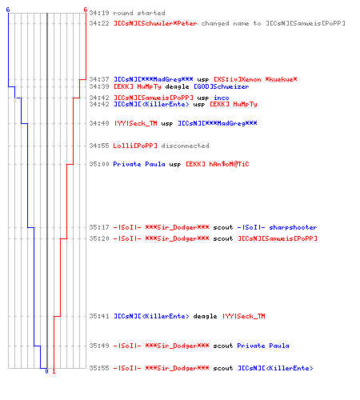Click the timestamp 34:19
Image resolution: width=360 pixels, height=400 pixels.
[99, 13]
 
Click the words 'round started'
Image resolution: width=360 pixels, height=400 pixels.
[139, 13]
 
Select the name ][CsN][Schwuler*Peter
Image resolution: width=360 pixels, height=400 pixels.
[155, 23]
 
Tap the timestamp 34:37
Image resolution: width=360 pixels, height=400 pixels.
[99, 79]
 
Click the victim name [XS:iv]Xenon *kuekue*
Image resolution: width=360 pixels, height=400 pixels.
[255, 79]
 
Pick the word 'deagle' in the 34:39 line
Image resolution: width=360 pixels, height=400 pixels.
[177, 86]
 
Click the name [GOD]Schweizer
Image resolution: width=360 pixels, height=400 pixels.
[222, 86]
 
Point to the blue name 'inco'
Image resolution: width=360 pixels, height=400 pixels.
[222, 98]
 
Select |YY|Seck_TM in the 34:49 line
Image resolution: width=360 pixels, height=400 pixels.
[135, 123]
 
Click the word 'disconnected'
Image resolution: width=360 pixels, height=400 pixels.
[185, 146]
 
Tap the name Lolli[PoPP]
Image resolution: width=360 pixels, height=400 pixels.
[135, 146]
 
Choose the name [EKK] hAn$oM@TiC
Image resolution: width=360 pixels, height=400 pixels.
[218, 164]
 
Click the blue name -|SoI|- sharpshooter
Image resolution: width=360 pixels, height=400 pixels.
[278, 227]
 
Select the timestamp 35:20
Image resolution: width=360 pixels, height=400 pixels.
[99, 238]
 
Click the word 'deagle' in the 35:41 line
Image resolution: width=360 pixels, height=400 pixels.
[205, 316]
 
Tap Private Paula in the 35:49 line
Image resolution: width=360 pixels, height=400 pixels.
[263, 346]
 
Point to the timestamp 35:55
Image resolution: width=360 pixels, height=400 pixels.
[99, 368]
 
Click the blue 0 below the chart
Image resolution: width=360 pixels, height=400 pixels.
[46, 371]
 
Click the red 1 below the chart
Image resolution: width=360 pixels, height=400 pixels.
[54, 371]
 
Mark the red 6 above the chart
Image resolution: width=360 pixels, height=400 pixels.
[86, 10]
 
